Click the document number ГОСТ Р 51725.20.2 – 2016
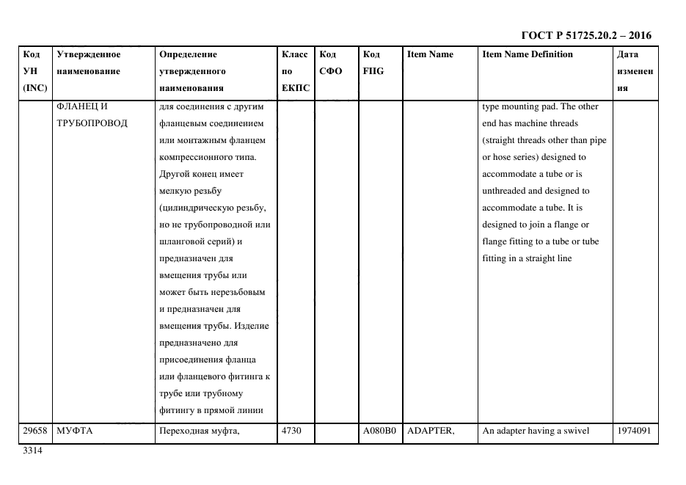[585, 35]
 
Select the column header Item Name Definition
[527, 54]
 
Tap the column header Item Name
[430, 54]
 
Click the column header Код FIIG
[373, 63]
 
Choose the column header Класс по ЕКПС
[295, 71]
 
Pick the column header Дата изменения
[635, 71]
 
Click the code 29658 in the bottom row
[34, 431]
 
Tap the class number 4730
[291, 431]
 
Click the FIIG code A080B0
[379, 431]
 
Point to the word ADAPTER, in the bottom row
[431, 431]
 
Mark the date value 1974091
[635, 431]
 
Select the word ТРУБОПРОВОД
[92, 123]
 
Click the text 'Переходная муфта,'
[200, 431]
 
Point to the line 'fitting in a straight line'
[527, 258]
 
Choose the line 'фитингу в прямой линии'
[211, 410]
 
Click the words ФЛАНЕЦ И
[81, 106]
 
